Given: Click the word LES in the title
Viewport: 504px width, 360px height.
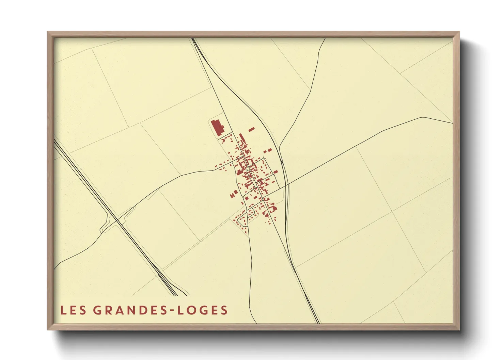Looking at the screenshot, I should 73,310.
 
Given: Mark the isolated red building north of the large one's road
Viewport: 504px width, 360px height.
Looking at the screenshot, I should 252,129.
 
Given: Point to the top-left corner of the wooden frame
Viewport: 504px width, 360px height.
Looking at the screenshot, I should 48,33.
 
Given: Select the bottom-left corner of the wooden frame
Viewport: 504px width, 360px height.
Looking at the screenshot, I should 48,329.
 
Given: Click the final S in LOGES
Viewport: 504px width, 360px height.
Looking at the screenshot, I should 224,310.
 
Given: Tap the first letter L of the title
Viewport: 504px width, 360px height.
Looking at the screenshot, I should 63,310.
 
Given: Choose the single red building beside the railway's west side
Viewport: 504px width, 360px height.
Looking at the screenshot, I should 276,171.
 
